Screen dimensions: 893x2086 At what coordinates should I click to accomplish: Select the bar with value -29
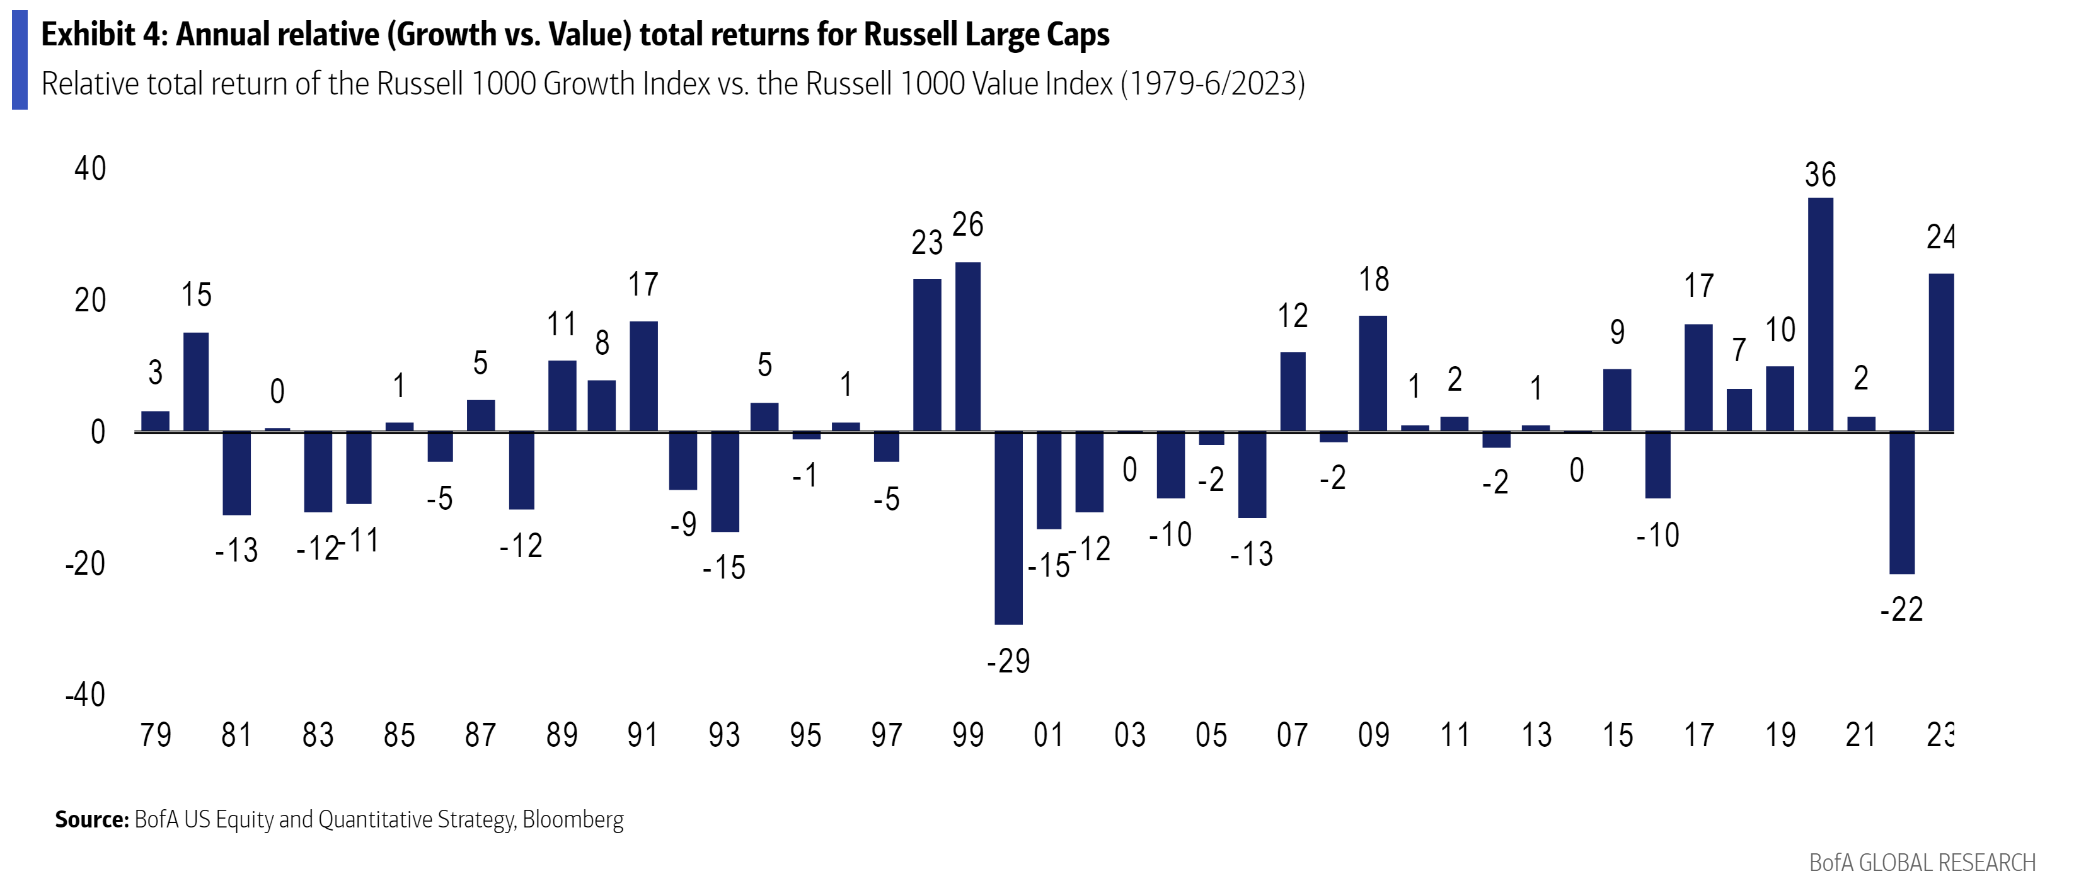[1008, 528]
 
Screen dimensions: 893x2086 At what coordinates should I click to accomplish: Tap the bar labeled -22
[1901, 503]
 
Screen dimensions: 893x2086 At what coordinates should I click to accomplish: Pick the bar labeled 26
[968, 347]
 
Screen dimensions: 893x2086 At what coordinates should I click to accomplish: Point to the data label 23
[927, 242]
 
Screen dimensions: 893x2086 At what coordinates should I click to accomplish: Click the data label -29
[1008, 662]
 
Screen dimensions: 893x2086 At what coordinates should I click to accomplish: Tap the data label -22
[1901, 609]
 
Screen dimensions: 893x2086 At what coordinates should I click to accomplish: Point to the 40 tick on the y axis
[90, 168]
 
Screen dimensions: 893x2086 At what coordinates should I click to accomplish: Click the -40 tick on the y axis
[85, 694]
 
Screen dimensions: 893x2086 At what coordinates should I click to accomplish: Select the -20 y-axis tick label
[85, 563]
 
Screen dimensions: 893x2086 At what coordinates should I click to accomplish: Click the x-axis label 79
[156, 735]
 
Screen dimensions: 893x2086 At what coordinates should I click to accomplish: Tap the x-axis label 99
[968, 735]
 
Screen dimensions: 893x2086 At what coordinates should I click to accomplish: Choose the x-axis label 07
[1293, 735]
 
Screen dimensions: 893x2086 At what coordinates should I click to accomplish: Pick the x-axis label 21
[1861, 735]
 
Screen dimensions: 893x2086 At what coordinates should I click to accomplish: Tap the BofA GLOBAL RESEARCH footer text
[1922, 863]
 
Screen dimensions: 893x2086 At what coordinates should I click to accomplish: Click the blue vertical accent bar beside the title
[20, 60]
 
